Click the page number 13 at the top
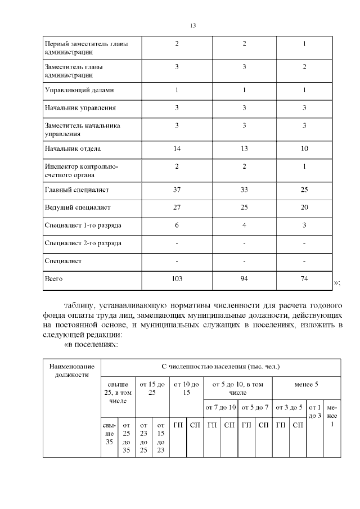coord(192,26)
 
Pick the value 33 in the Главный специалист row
coord(244,190)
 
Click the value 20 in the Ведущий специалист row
coord(304,208)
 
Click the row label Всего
coord(53,278)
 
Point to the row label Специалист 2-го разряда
coord(83,243)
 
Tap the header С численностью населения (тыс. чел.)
coord(220,367)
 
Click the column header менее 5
coord(306,384)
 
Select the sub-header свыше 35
coord(109,434)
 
